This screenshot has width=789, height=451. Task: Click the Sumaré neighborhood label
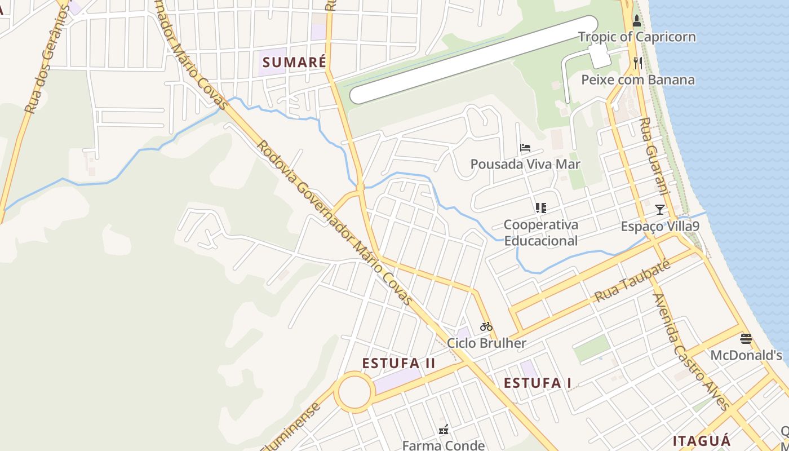pyautogui.click(x=294, y=62)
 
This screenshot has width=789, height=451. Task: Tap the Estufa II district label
pyautogui.click(x=398, y=363)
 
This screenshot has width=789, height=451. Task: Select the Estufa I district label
pyautogui.click(x=537, y=383)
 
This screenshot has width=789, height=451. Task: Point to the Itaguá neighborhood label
pyautogui.click(x=702, y=440)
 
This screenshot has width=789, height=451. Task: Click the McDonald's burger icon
pyautogui.click(x=746, y=339)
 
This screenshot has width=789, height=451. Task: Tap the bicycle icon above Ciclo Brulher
pyautogui.click(x=486, y=326)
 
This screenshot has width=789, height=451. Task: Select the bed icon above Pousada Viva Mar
pyautogui.click(x=525, y=148)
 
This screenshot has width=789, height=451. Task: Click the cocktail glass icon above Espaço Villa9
pyautogui.click(x=659, y=210)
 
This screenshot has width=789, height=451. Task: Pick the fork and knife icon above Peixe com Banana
pyautogui.click(x=638, y=63)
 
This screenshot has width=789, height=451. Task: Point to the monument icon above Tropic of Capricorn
pyautogui.click(x=637, y=21)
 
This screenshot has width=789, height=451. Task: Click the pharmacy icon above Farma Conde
pyautogui.click(x=444, y=430)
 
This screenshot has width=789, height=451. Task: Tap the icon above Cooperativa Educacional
pyautogui.click(x=541, y=208)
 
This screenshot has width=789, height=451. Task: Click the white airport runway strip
pyautogui.click(x=473, y=60)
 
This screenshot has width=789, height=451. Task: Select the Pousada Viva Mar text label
pyautogui.click(x=525, y=164)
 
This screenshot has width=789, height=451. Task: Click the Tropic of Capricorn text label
pyautogui.click(x=637, y=37)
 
